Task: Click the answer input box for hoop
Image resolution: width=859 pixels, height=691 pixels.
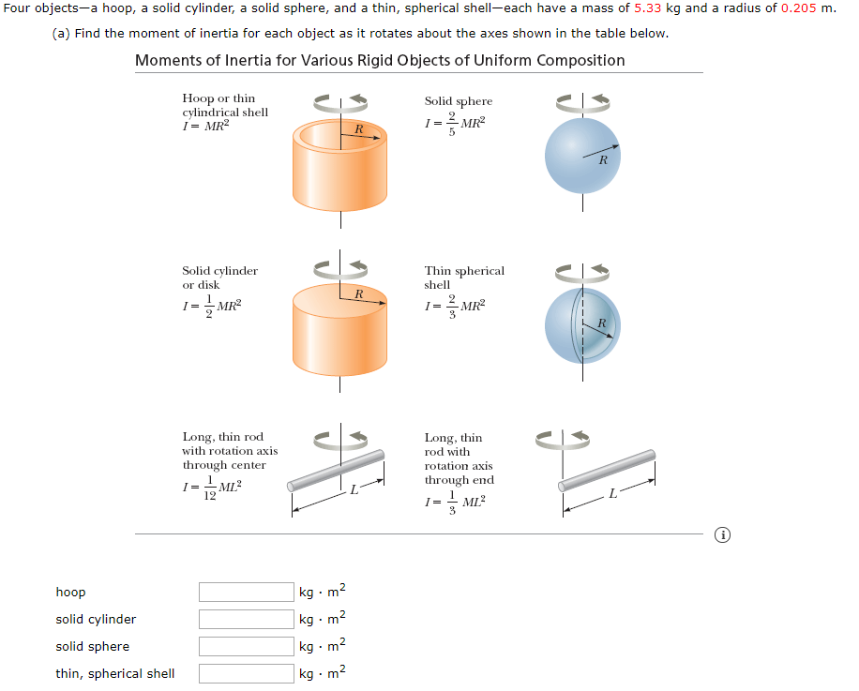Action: (246, 593)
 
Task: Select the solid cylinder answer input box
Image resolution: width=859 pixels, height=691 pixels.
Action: (246, 620)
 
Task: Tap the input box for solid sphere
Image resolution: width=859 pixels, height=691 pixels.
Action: (246, 647)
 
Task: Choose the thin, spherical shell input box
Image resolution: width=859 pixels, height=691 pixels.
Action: (246, 674)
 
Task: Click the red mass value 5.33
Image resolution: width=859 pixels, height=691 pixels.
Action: (647, 8)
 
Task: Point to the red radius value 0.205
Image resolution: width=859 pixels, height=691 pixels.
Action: (799, 8)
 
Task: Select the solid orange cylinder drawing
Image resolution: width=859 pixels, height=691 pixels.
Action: (339, 328)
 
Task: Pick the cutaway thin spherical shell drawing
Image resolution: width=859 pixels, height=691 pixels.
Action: (582, 325)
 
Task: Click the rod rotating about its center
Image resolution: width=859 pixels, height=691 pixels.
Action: (338, 471)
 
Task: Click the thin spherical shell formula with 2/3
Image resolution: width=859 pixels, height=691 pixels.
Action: (456, 306)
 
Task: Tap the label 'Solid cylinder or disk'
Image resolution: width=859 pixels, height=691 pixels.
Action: (219, 278)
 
